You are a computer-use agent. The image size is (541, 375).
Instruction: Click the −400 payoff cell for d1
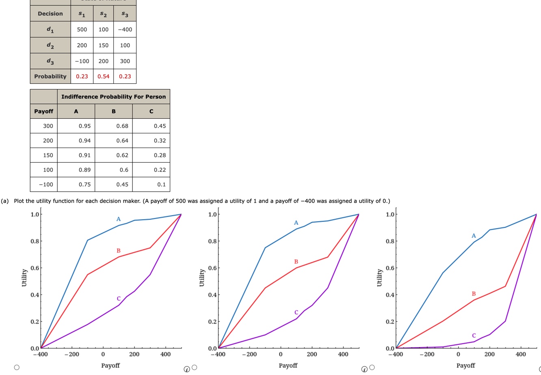pyautogui.click(x=125, y=29)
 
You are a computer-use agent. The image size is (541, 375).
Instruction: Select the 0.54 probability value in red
pyautogui.click(x=103, y=76)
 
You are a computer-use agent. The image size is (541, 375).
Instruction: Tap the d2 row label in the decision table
pyautogui.click(x=50, y=46)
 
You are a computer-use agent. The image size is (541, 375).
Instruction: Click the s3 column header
pyautogui.click(x=125, y=14)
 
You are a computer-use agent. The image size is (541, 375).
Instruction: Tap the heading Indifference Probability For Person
pyautogui.click(x=113, y=96)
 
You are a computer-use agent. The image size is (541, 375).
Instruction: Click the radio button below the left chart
pyautogui.click(x=17, y=367)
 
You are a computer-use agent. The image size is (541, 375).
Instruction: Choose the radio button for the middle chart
pyautogui.click(x=195, y=367)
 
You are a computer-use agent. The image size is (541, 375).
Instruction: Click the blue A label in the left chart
pyautogui.click(x=118, y=219)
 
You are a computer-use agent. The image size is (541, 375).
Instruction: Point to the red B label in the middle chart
pyautogui.click(x=296, y=262)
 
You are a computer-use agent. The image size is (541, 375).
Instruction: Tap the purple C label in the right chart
pyautogui.click(x=474, y=336)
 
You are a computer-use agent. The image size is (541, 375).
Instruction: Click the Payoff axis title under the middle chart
pyautogui.click(x=288, y=365)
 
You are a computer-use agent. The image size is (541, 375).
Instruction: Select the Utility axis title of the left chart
pyautogui.click(x=24, y=277)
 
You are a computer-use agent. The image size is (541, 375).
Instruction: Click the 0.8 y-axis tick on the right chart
pyautogui.click(x=389, y=241)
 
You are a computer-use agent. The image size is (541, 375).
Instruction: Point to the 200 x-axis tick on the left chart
pyautogui.click(x=134, y=354)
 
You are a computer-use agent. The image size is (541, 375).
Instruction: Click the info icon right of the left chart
pyautogui.click(x=186, y=369)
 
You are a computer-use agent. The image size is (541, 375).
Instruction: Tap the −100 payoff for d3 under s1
pyautogui.click(x=82, y=61)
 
